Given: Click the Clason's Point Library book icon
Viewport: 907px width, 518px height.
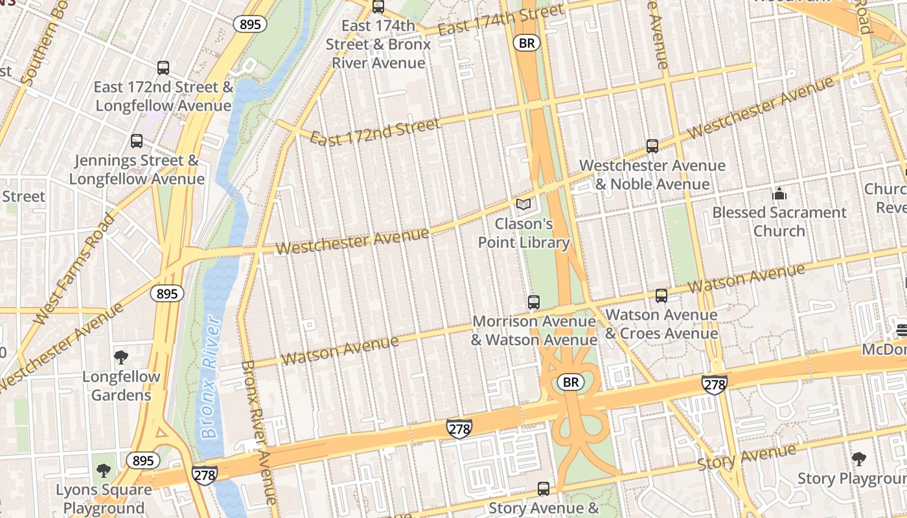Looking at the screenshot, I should coord(523,205).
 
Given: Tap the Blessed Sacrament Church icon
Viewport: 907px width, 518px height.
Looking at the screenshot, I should coord(779,193).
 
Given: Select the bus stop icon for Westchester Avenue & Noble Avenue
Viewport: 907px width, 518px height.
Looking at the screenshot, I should coord(652,146).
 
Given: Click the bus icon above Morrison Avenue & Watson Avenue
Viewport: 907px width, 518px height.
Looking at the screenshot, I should coord(533,302).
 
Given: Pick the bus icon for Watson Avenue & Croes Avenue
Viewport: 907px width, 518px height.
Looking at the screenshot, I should coord(661,296).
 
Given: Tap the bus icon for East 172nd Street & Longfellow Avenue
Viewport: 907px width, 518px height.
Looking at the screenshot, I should coord(163,67).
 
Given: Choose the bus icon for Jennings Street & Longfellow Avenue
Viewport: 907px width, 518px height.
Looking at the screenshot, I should coord(137,141).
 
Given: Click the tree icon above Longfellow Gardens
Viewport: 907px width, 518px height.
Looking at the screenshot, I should coord(121,357).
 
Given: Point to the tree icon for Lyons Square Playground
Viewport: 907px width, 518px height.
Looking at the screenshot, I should coord(103,470).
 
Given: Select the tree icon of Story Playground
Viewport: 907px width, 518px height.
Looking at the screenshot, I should coord(858,459).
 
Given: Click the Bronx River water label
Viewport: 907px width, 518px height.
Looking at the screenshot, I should coord(209,377).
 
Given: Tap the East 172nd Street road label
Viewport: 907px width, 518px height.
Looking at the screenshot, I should coord(375,131).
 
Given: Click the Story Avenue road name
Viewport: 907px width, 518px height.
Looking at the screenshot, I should coord(746,458).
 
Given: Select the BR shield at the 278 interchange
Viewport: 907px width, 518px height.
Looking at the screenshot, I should coord(570,383).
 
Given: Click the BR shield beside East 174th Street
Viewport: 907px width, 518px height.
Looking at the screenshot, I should coord(527,43).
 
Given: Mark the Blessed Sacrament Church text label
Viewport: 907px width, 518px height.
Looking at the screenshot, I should coord(779,221).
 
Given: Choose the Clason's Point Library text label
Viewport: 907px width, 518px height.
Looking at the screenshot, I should coord(523,233).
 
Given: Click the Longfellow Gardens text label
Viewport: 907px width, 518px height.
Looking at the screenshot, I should coord(121,385).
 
